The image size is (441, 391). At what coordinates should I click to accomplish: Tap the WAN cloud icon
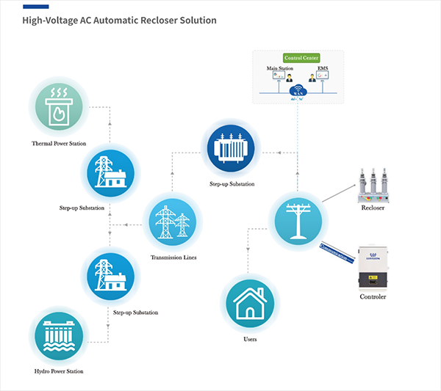[x=298, y=91]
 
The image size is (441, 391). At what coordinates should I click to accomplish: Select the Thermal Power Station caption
[x=57, y=142]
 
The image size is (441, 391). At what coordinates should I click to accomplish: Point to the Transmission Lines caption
[x=173, y=257]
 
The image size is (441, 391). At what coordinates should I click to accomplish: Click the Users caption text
[x=250, y=339]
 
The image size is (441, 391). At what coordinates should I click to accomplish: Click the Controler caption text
[x=373, y=297]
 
